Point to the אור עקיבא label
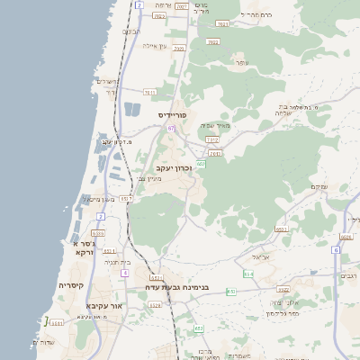click(x=103, y=305)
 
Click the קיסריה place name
click(x=71, y=285)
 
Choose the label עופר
click(x=240, y=62)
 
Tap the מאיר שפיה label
click(x=215, y=125)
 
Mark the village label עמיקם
click(x=319, y=186)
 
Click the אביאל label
click(x=261, y=256)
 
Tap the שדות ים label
click(x=43, y=342)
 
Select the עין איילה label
click(x=155, y=46)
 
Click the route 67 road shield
click(x=171, y=129)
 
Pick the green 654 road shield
click(x=248, y=274)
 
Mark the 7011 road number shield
click(x=149, y=92)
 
